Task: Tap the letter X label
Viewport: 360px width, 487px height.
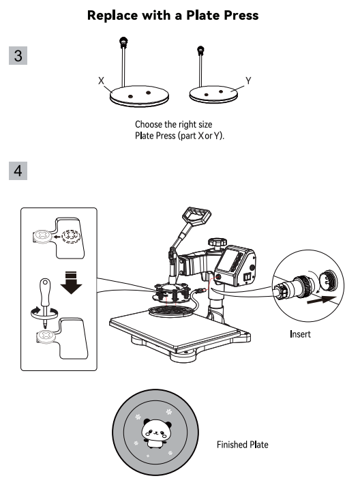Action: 100,80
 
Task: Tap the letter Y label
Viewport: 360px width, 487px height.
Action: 248,80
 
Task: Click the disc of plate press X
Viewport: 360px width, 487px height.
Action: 139,95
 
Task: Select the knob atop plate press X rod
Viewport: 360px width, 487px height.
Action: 123,42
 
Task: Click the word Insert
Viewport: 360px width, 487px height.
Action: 300,334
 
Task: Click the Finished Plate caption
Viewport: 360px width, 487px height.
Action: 242,445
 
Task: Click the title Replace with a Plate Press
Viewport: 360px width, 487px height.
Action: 173,15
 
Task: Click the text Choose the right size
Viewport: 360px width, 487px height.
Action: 173,125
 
